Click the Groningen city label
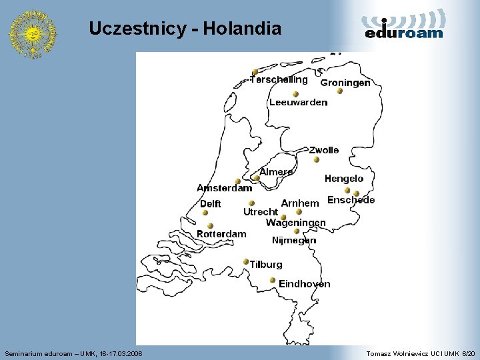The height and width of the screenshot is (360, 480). tap(345, 83)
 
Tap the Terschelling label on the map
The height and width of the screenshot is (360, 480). tap(279, 79)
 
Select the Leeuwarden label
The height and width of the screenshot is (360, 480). tap(298, 102)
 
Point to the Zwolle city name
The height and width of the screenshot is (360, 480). tap(323, 150)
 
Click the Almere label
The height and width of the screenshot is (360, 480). tap(275, 172)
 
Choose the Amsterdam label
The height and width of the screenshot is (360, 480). tap(224, 188)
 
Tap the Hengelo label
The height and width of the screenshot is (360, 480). tap(344, 178)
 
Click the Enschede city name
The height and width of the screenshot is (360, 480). tap(351, 200)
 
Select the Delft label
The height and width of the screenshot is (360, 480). tap(210, 204)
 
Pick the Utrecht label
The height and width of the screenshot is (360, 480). tap(260, 212)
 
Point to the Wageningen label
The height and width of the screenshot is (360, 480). tap(295, 223)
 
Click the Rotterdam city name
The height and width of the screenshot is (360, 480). tap(221, 234)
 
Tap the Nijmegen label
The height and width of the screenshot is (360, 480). tap(294, 240)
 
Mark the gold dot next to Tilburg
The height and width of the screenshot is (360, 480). tap(246, 261)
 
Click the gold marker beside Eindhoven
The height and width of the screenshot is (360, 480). tap(273, 280)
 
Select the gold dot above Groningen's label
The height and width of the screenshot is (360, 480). tap(339, 91)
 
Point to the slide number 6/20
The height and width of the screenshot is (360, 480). tap(469, 353)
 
